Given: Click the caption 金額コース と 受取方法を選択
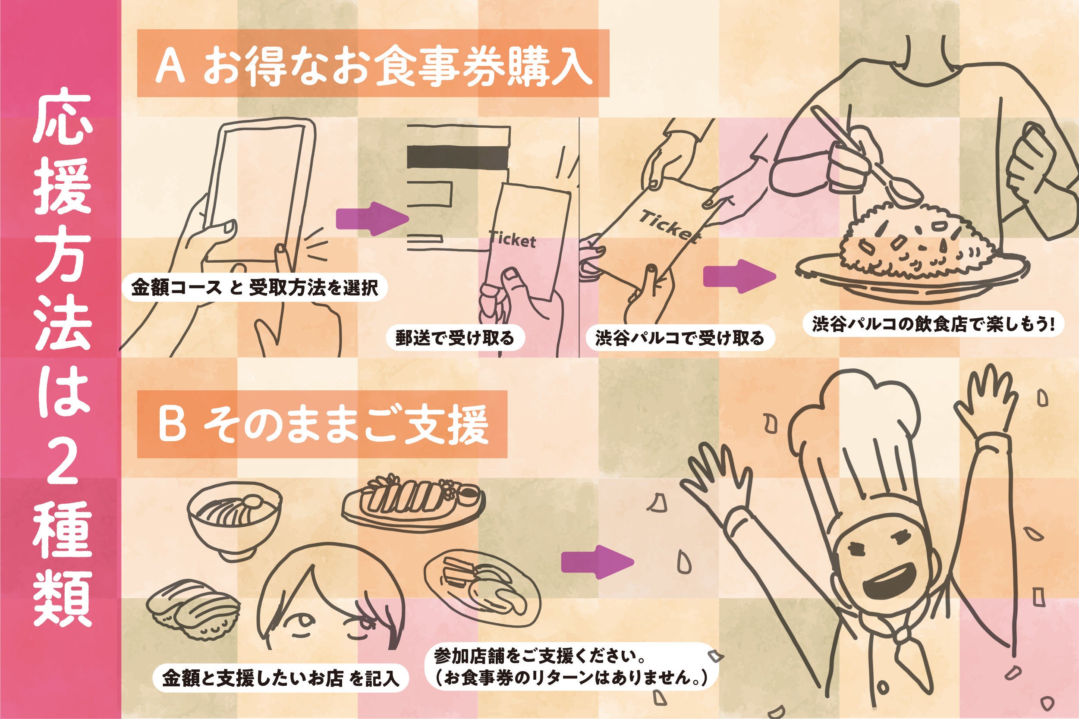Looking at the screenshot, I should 255,288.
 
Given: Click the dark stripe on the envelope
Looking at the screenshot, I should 458,156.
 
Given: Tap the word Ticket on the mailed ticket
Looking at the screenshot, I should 512,239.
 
